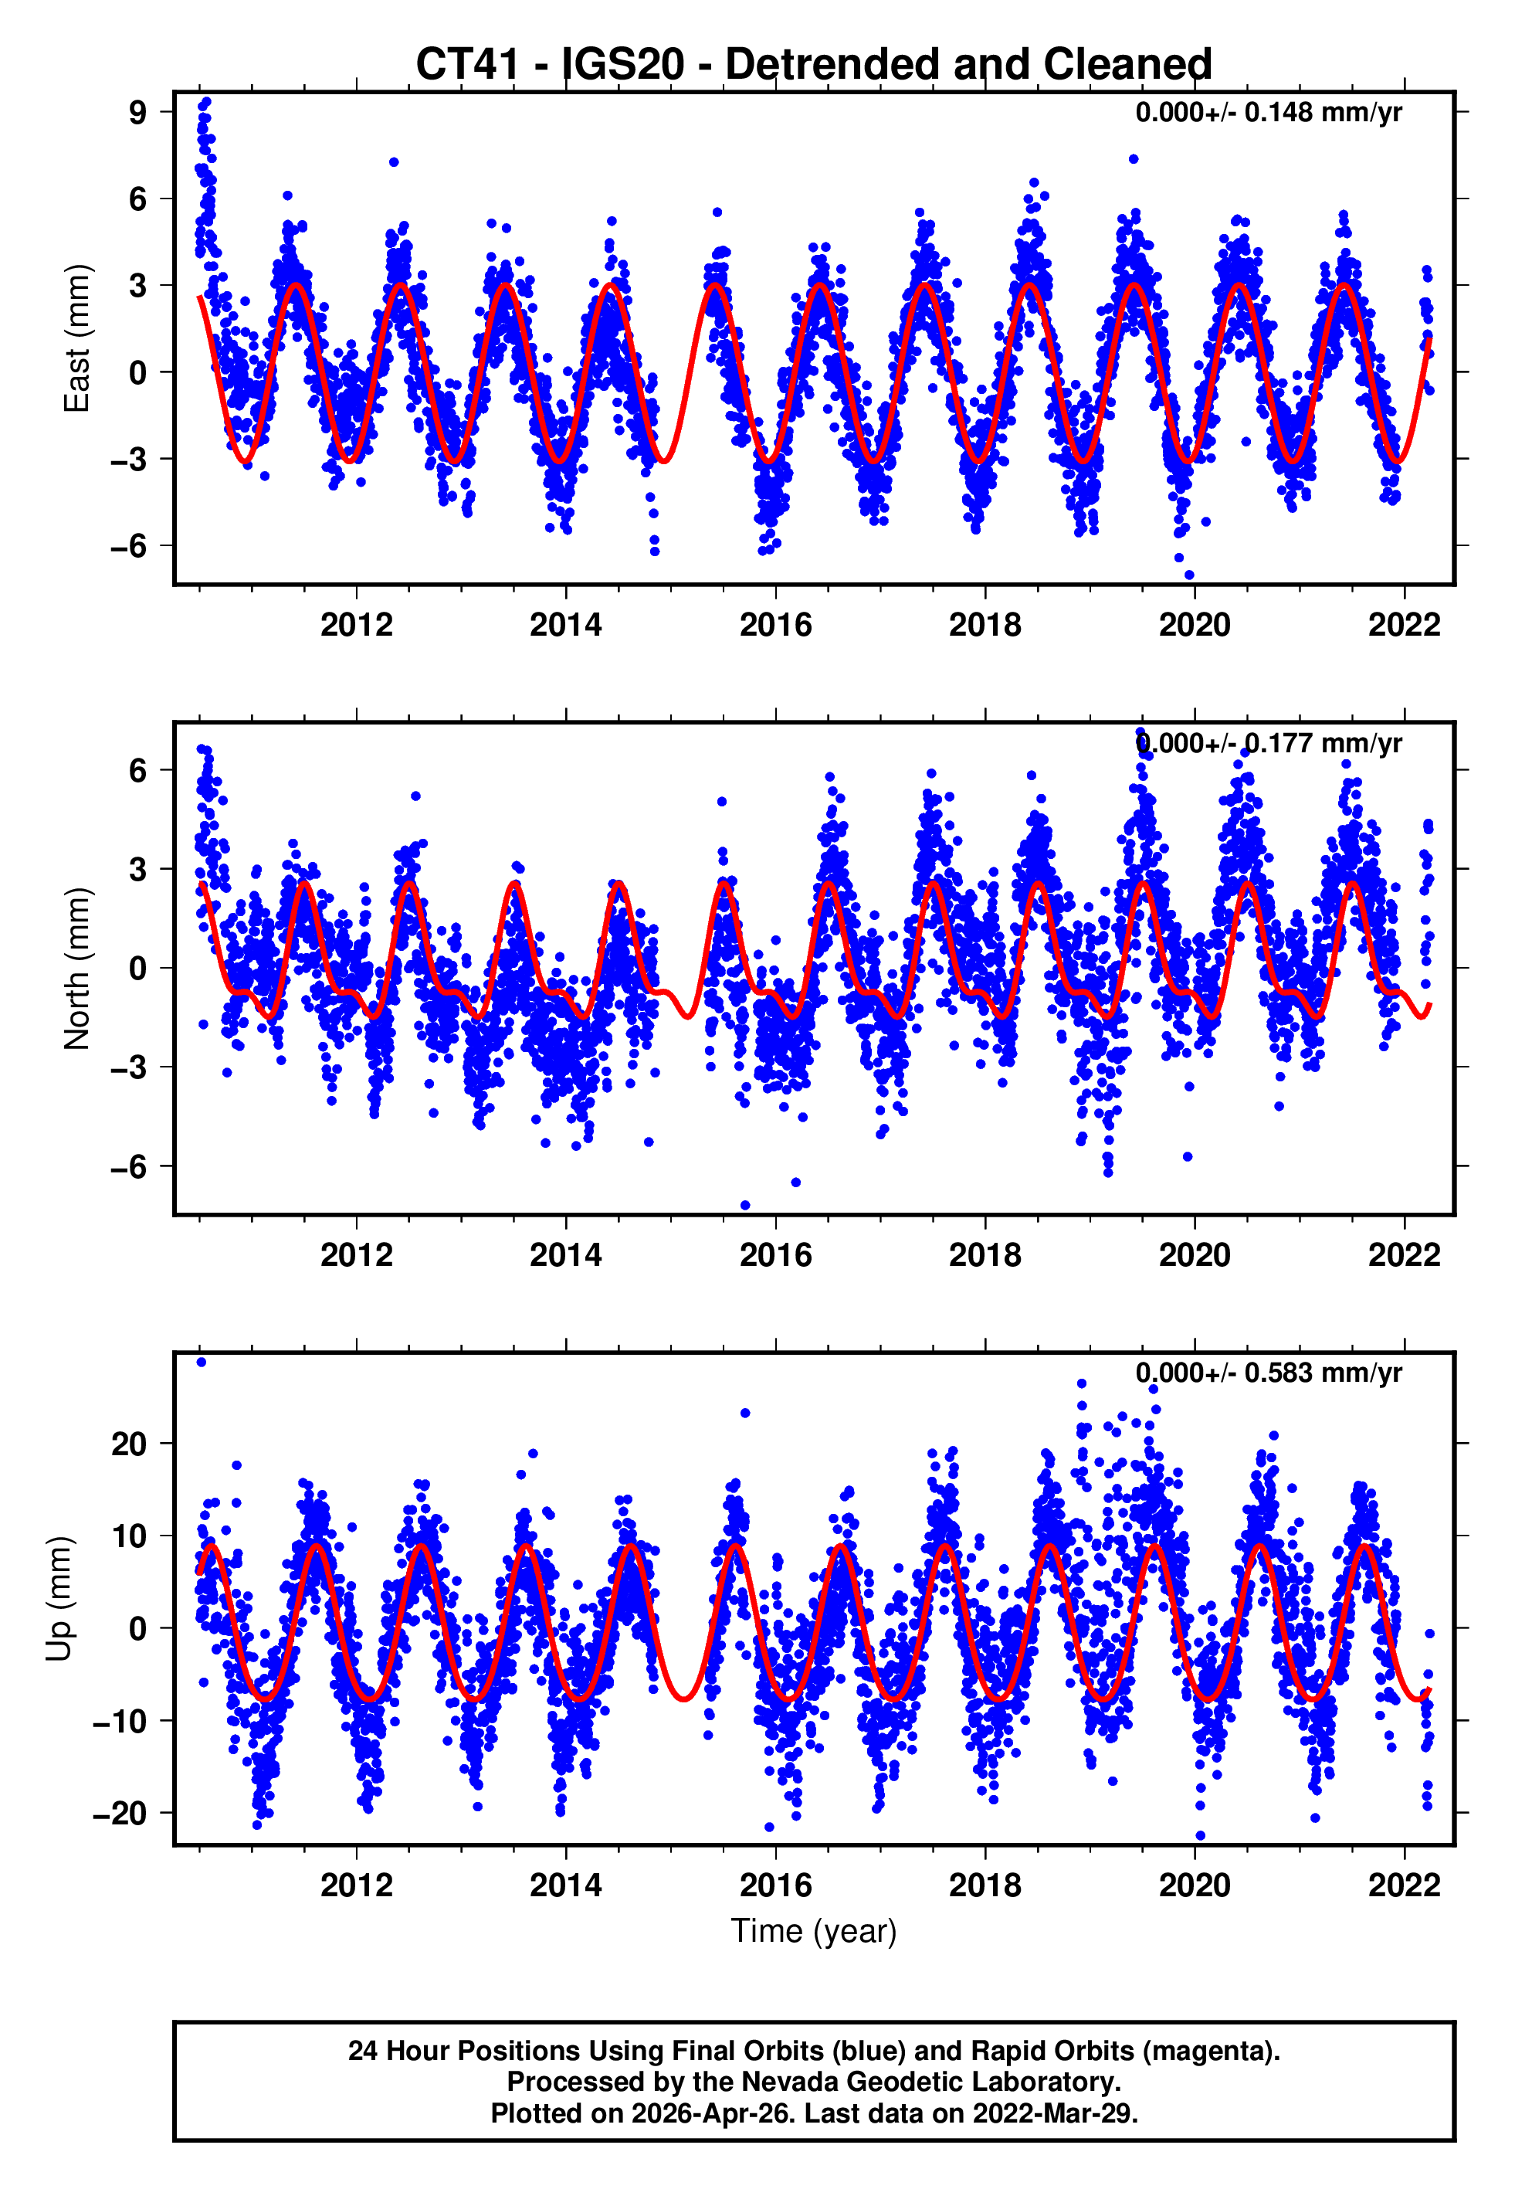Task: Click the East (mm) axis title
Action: pos(76,339)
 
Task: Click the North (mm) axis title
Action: pos(76,969)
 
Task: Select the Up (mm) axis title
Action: pos(59,1599)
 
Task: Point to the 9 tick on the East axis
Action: pos(137,112)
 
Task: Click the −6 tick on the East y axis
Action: pos(129,546)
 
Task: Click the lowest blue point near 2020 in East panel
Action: pos(1189,575)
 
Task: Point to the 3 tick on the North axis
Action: pos(137,869)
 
